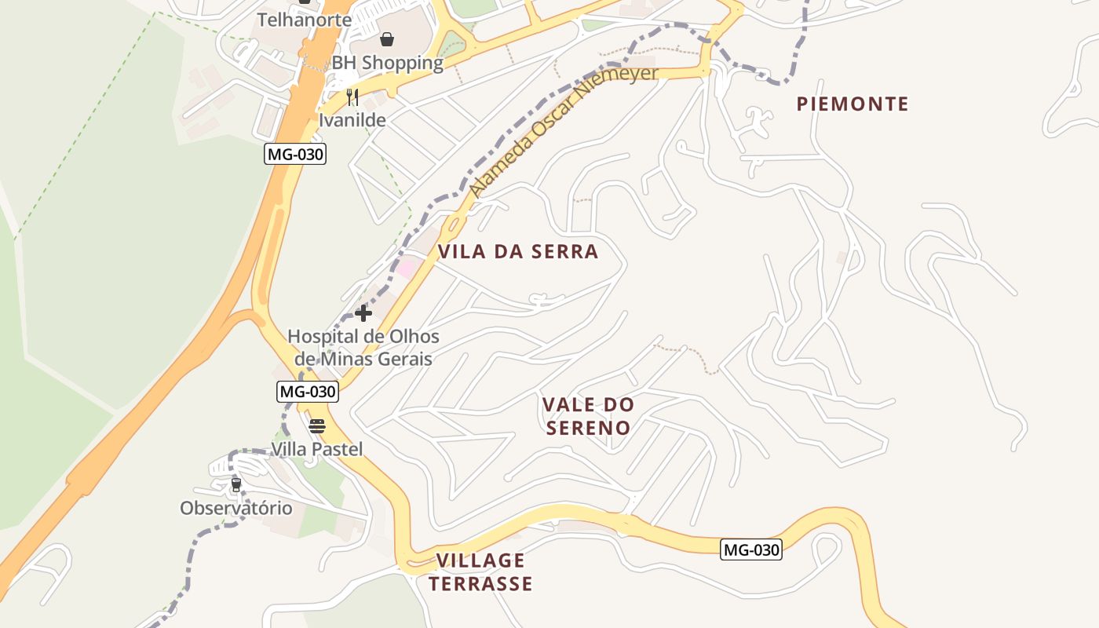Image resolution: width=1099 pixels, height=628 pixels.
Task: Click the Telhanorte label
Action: [305, 20]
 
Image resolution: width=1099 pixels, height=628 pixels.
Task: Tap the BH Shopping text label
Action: [387, 63]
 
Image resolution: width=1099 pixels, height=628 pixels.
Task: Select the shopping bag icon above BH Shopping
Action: [387, 39]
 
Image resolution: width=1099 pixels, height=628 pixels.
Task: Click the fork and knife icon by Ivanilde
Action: [352, 97]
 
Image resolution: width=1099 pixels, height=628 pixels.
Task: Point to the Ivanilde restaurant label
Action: [352, 120]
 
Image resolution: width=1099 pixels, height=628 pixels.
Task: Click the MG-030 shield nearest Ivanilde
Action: [295, 154]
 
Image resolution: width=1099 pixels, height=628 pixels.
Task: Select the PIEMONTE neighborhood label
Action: [853, 104]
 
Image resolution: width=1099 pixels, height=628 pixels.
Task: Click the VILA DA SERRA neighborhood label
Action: [518, 251]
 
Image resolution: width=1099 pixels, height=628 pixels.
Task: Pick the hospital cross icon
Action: [363, 313]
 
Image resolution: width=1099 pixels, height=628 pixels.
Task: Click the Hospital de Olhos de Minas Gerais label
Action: [363, 348]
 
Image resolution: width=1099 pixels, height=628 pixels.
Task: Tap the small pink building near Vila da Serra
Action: [406, 268]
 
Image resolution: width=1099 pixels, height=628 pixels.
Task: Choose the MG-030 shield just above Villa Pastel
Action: [308, 391]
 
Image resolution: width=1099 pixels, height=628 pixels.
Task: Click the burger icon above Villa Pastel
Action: [317, 426]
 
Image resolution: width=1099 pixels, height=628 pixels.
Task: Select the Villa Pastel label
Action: [317, 449]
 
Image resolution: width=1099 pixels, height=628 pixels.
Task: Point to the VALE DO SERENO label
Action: [589, 416]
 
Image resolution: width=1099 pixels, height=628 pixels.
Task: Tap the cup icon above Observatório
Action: [235, 485]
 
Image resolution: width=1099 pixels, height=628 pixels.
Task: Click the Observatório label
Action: [236, 508]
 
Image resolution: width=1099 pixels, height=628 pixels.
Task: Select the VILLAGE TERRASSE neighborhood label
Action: [480, 571]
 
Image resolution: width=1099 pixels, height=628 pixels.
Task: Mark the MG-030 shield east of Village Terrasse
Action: [751, 549]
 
